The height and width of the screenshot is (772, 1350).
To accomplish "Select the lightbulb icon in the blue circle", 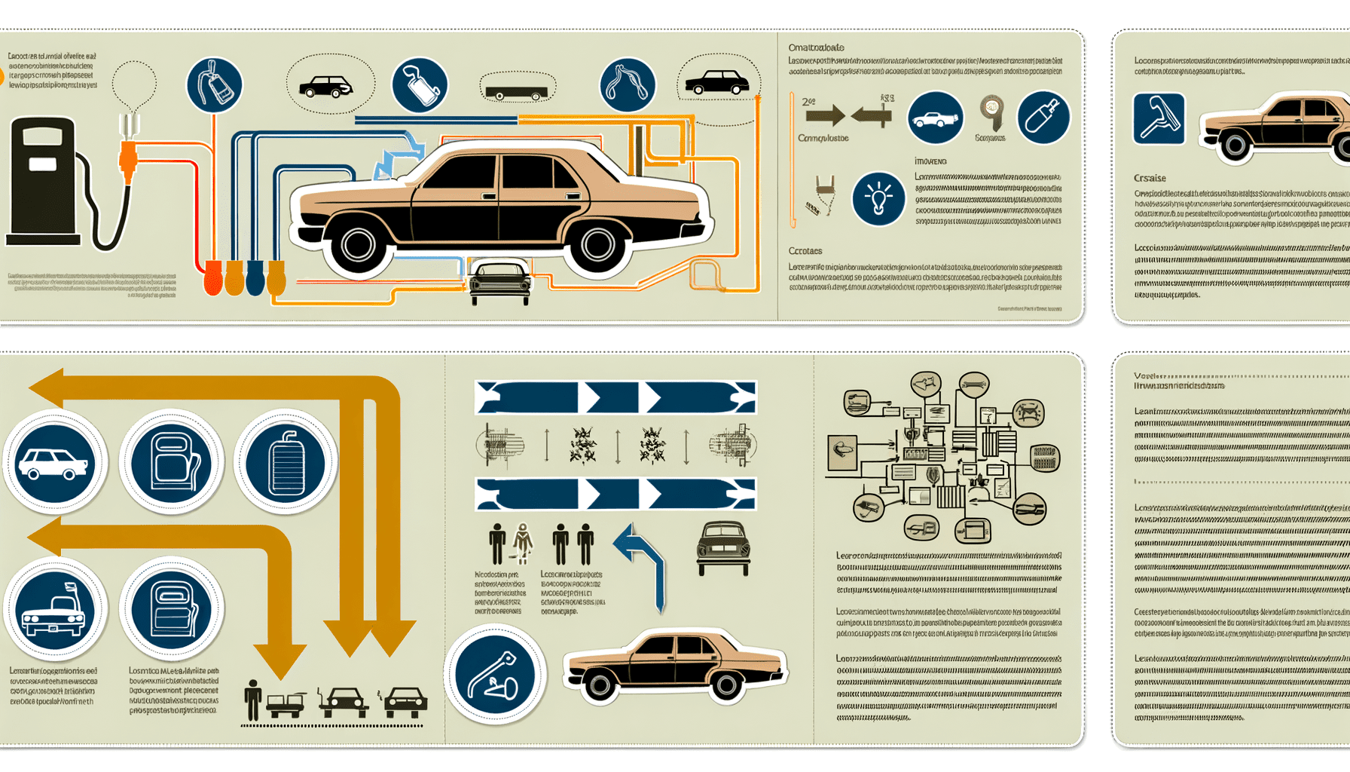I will [878, 198].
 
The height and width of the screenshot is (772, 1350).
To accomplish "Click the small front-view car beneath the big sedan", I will [499, 281].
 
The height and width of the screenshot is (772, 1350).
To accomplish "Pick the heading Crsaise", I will [1150, 178].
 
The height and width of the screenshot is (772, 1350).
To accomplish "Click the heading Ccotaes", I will [805, 250].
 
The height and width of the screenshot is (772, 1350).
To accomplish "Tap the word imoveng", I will [930, 161].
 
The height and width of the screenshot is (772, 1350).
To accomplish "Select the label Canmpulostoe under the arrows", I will [823, 138].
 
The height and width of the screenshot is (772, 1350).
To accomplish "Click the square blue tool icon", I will [1159, 118].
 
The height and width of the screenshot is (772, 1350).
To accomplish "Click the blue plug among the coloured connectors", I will [255, 277].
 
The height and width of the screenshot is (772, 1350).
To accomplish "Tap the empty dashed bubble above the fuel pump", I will [134, 84].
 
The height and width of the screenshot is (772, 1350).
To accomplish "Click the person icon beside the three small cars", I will [253, 700].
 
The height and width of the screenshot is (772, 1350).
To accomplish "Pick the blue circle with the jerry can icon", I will [286, 461].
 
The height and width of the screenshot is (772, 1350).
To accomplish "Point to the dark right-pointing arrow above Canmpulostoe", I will [824, 115].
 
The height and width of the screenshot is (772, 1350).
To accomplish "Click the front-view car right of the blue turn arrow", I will [723, 547].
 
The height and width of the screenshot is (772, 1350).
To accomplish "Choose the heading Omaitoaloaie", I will [816, 47].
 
